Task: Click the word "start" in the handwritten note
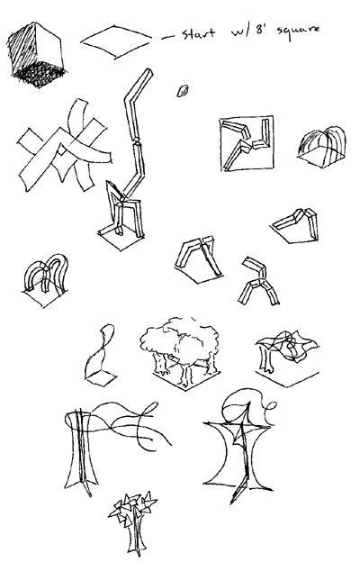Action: coord(198,34)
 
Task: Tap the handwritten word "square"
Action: coord(298,30)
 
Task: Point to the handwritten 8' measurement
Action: coord(259,31)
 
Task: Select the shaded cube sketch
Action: coord(36,55)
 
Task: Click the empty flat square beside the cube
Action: coord(116,41)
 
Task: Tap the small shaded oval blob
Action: coord(182,91)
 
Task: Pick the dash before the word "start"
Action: coord(167,37)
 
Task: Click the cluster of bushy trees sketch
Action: coord(181,352)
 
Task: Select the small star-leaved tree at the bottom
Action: coord(133,523)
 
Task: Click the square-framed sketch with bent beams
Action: coord(247,143)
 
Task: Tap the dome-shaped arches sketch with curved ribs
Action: coord(322,147)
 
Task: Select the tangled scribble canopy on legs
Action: coord(287,358)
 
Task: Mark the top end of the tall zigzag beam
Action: coord(148,70)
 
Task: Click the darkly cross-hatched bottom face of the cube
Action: coord(40,76)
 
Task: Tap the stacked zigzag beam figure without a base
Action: coord(258,281)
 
